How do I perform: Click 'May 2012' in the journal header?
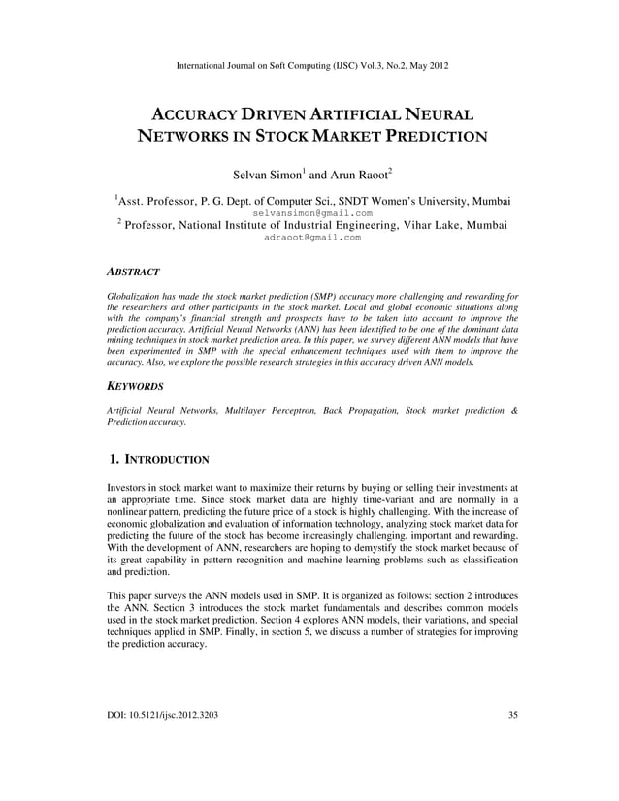pos(426,65)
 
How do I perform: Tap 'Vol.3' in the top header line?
pos(363,65)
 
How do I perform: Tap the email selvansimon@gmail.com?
pos(311,212)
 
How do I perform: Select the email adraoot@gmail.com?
pos(311,237)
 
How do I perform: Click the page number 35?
pos(512,716)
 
